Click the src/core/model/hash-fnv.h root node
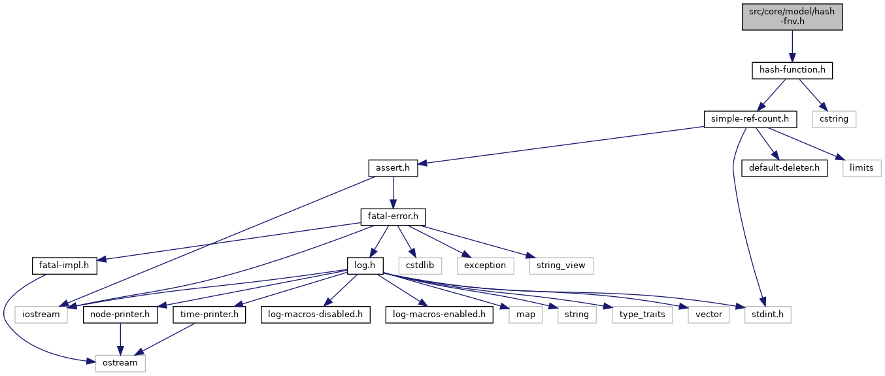(792, 15)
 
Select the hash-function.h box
(792, 69)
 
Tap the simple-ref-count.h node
(750, 119)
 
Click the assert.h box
(392, 168)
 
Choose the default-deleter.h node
(784, 168)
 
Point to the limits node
(861, 168)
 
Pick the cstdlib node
(423, 265)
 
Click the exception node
(485, 265)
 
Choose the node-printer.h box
(120, 315)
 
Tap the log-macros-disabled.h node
(315, 315)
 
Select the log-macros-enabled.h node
(439, 315)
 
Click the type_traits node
(643, 315)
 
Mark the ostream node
(120, 363)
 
